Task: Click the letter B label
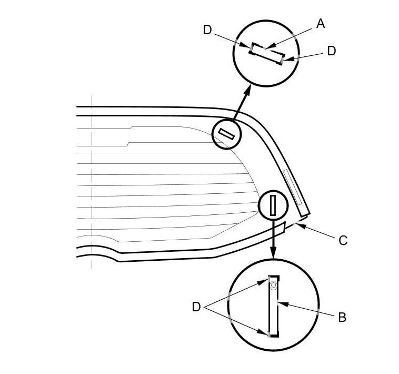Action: (x=342, y=318)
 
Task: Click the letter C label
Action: (x=343, y=241)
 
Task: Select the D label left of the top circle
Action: (x=207, y=30)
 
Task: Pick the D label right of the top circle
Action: (x=331, y=51)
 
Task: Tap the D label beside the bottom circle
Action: (x=196, y=307)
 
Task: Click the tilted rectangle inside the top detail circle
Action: (x=267, y=53)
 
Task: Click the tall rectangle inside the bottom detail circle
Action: (x=273, y=306)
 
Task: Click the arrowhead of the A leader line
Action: (x=266, y=49)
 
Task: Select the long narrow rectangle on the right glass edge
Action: (x=293, y=188)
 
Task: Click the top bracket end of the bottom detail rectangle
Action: (x=273, y=277)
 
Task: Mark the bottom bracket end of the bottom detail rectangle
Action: (x=273, y=334)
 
